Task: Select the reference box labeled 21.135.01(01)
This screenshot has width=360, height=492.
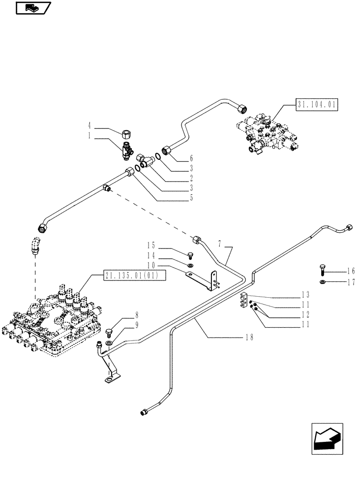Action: (x=131, y=276)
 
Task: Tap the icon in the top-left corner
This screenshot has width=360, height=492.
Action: (x=33, y=8)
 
